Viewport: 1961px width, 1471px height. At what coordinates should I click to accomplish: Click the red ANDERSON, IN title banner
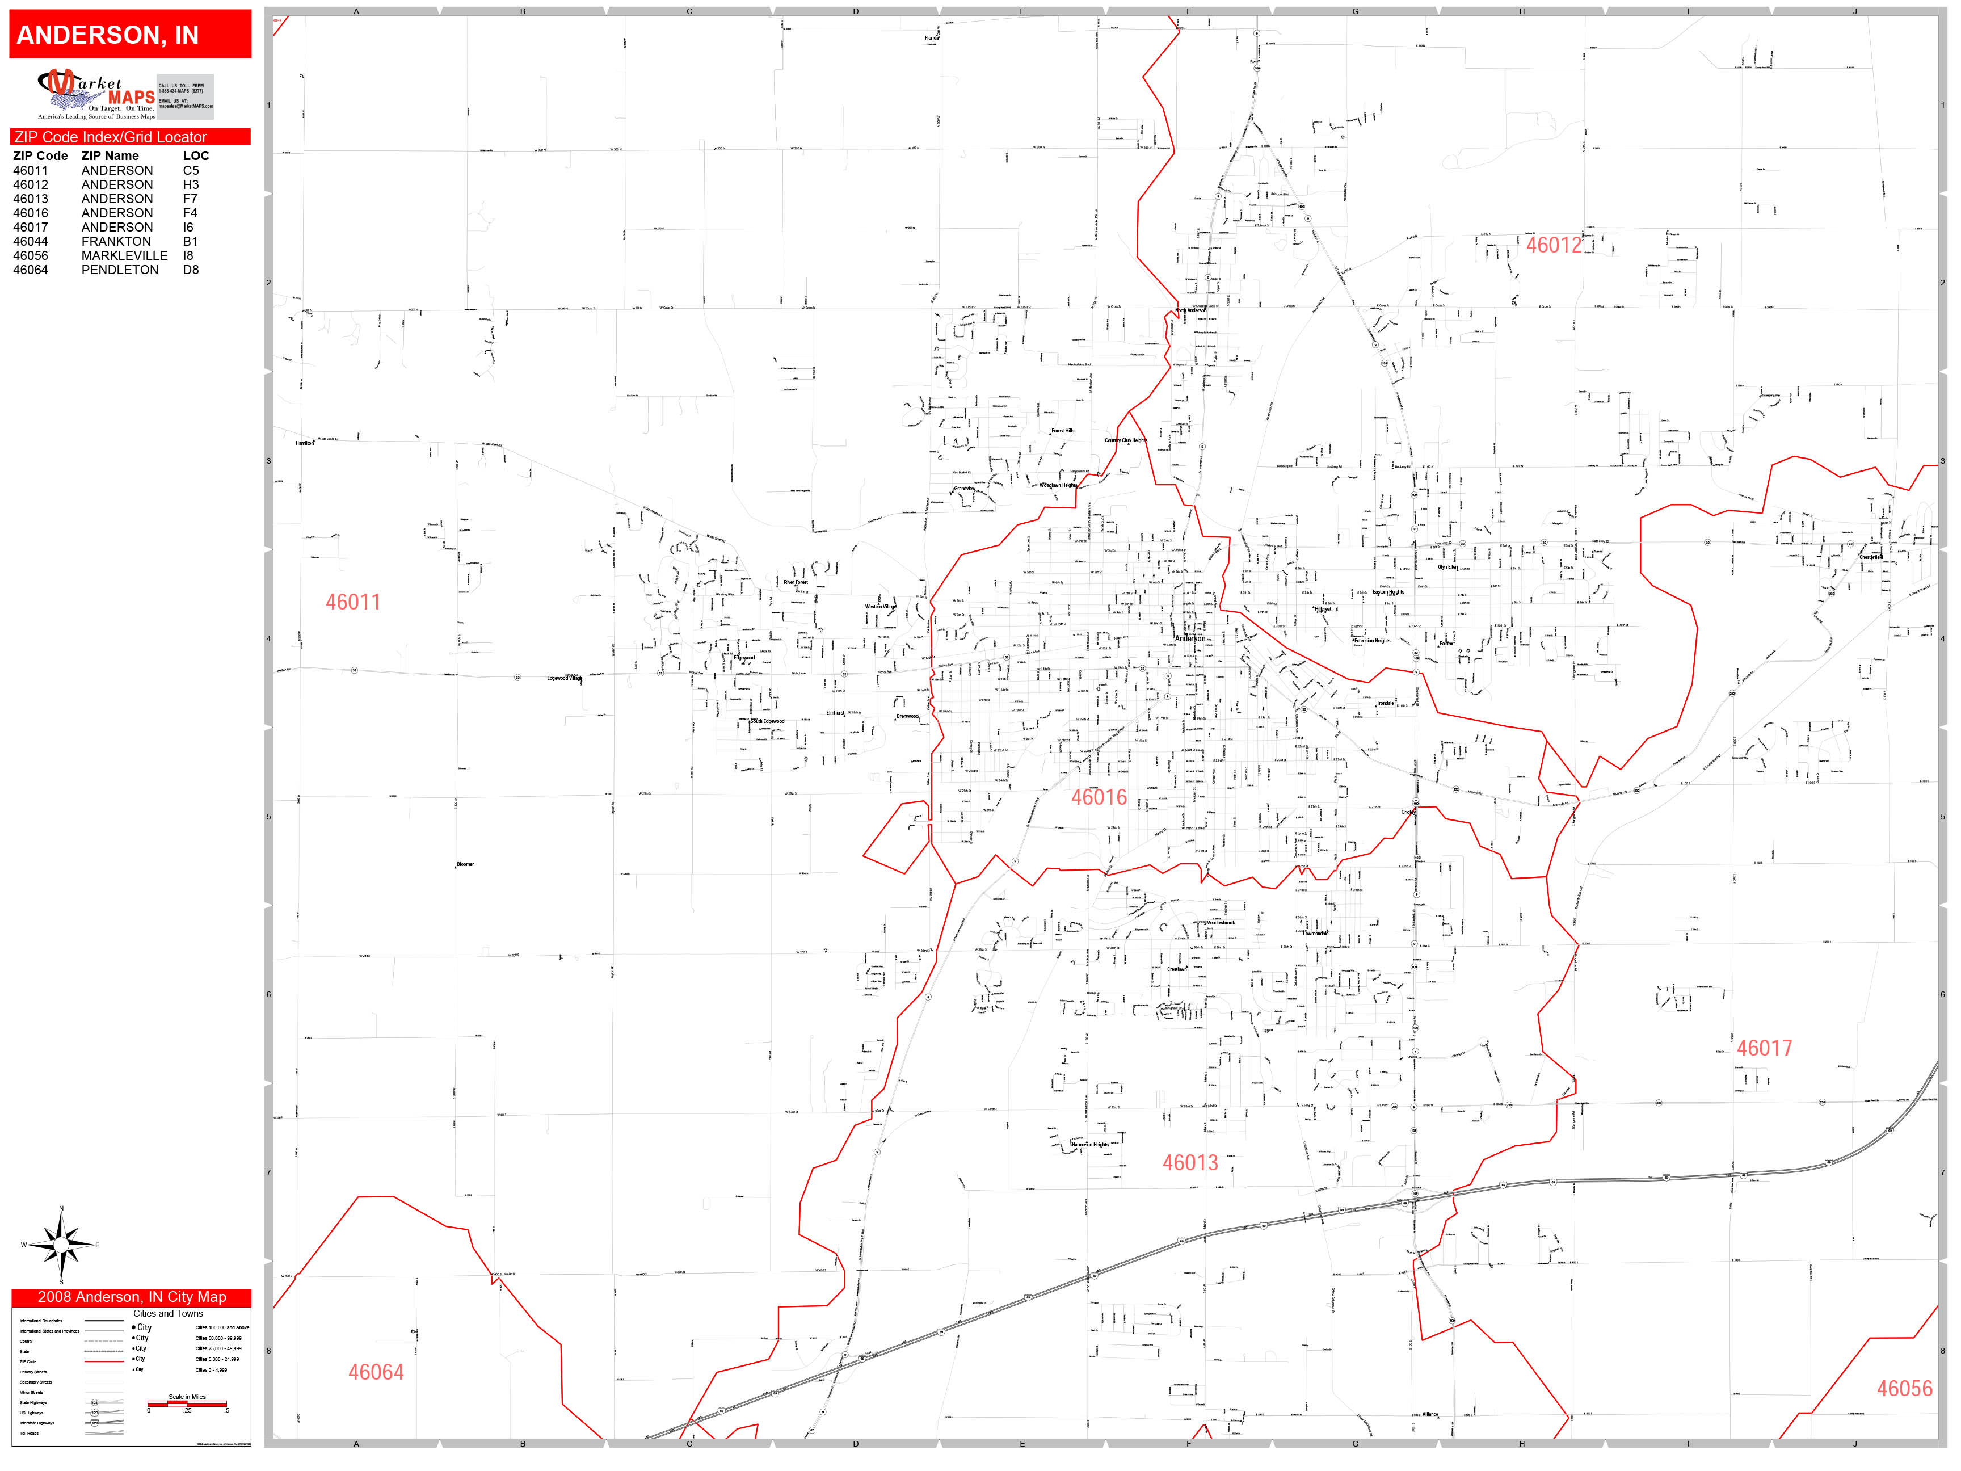pos(131,35)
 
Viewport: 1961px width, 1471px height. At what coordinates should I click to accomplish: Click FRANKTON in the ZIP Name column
pos(116,241)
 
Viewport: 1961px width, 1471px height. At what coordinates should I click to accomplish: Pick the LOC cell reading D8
pos(191,270)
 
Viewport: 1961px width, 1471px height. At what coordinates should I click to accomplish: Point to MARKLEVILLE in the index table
pos(124,255)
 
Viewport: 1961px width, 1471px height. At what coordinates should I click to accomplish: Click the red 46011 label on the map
pos(353,602)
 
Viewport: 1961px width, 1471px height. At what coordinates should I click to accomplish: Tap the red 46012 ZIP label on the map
pos(1553,246)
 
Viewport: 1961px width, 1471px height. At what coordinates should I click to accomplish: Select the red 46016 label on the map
pos(1099,797)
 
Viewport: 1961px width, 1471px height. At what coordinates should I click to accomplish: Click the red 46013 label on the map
pos(1190,1162)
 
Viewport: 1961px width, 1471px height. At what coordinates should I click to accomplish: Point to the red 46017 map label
pos(1764,1048)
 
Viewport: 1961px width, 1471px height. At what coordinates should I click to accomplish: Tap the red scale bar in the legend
pos(187,1403)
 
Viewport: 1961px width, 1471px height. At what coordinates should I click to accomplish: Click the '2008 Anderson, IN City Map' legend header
pos(131,1297)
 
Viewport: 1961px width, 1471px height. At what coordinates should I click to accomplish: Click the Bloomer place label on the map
pos(465,864)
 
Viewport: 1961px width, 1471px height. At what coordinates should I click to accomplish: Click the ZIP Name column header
pos(110,155)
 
